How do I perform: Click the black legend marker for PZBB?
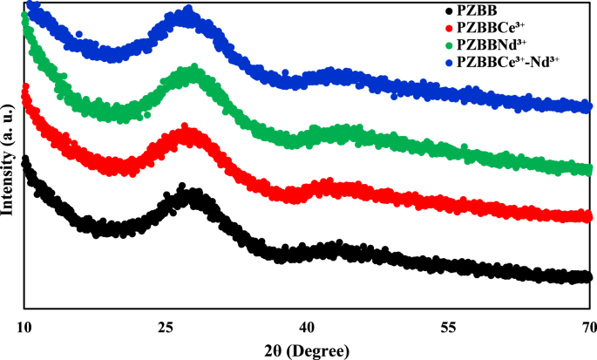click(x=448, y=11)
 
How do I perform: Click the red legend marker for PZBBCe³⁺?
click(x=448, y=27)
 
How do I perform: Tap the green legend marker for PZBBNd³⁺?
click(x=448, y=43)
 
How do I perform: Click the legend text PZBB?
click(x=474, y=11)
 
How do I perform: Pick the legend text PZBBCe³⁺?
click(x=485, y=27)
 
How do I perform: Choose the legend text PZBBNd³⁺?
click(x=486, y=43)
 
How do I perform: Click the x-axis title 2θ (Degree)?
click(x=306, y=350)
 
